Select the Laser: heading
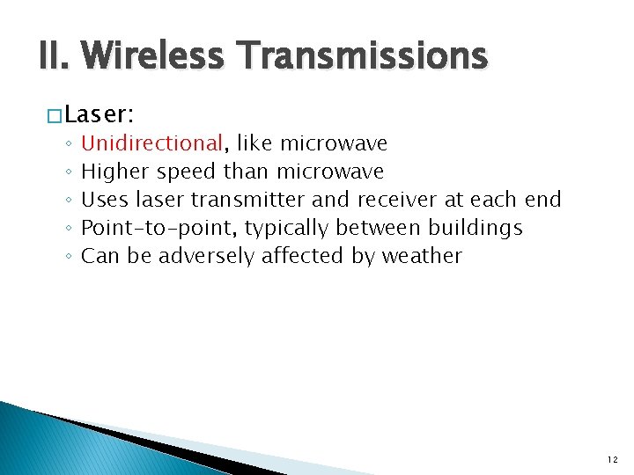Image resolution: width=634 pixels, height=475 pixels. click(x=97, y=113)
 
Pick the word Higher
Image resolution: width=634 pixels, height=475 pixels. click(x=114, y=171)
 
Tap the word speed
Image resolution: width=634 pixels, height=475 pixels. click(x=186, y=171)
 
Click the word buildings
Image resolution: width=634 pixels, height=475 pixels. click(x=475, y=228)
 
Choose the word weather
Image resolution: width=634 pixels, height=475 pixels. click(x=421, y=256)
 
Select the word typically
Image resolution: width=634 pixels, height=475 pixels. click(x=287, y=228)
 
